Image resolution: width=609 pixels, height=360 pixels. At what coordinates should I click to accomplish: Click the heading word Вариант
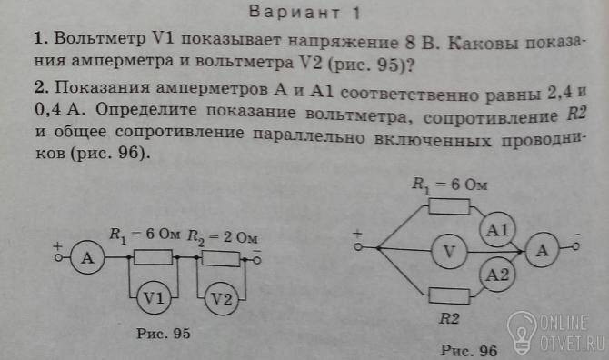click(294, 13)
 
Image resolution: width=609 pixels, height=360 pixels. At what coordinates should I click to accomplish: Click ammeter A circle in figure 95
click(88, 257)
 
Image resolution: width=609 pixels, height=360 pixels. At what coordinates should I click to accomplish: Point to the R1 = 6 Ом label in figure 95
click(145, 235)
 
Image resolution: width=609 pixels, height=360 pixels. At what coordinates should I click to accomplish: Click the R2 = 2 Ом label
click(223, 236)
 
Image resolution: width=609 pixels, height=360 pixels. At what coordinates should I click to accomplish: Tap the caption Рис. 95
click(163, 334)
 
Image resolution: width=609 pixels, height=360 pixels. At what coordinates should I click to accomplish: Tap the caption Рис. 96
click(469, 350)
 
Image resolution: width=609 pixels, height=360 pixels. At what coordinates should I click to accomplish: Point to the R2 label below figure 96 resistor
click(449, 318)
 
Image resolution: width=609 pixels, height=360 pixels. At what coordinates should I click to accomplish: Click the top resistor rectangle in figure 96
click(449, 206)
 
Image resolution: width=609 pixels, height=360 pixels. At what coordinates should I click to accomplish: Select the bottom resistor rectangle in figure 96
click(449, 296)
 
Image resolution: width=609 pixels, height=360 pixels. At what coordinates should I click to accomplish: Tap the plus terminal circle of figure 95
click(59, 257)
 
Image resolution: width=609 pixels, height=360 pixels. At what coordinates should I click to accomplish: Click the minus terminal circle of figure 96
click(576, 246)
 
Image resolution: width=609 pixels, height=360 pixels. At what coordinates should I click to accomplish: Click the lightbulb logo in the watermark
click(522, 333)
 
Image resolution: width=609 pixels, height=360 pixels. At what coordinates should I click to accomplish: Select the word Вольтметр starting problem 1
click(100, 38)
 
